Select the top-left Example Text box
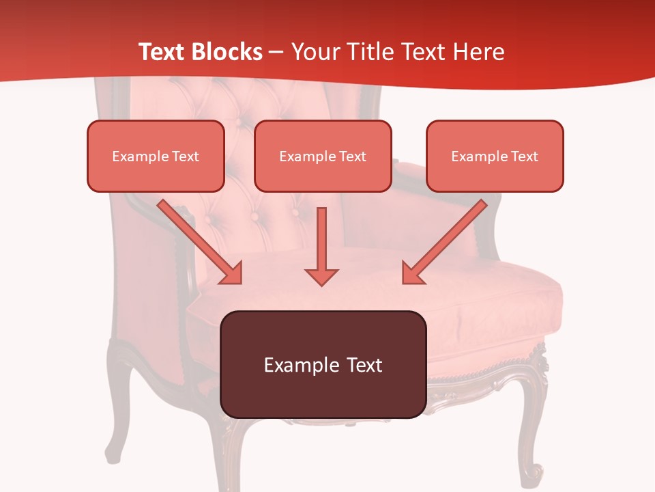coord(156,156)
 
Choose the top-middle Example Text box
coord(323,156)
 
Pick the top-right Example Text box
coord(495,156)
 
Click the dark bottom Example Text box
coord(323,365)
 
